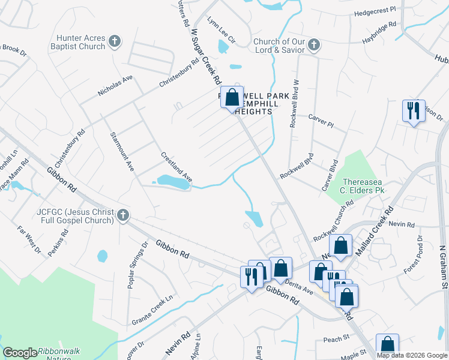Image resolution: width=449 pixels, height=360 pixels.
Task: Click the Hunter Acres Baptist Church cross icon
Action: [115, 42]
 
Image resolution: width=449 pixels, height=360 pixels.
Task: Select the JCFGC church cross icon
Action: [122, 215]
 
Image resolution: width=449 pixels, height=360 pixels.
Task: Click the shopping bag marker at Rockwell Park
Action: [232, 97]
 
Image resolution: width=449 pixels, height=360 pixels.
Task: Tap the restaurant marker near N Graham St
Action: [413, 110]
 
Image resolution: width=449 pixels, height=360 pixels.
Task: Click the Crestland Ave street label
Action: [176, 167]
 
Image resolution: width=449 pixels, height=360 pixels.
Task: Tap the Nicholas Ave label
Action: [115, 86]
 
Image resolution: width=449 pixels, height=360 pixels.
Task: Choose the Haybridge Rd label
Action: [379, 32]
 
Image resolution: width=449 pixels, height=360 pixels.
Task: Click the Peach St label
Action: [337, 338]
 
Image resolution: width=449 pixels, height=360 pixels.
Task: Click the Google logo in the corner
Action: [20, 353]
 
